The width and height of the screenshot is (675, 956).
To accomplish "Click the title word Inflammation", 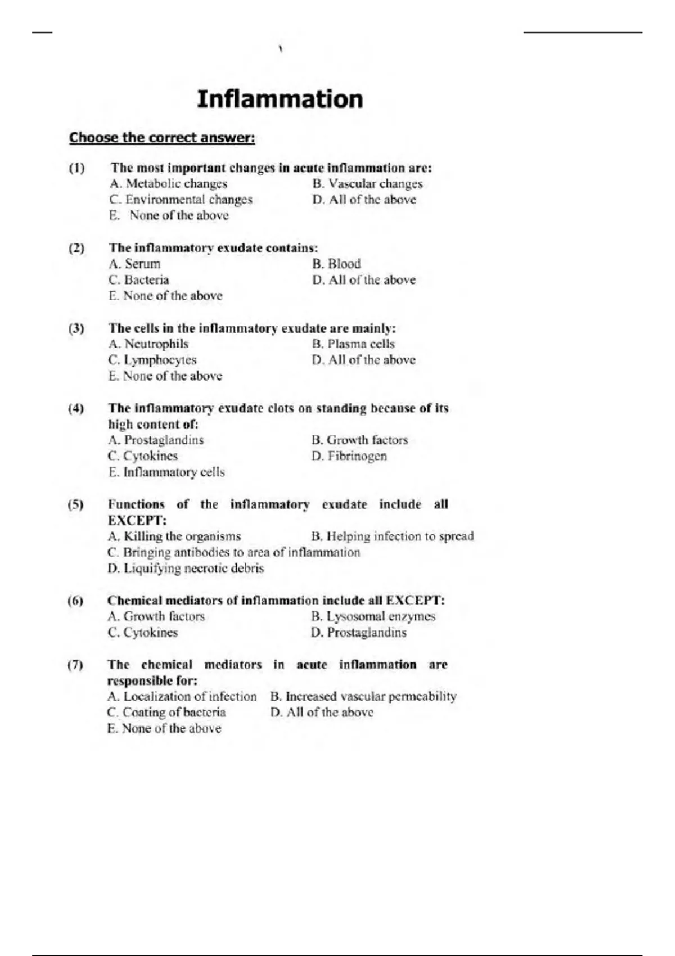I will point(280,100).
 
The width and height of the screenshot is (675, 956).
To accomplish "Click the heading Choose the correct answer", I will point(162,138).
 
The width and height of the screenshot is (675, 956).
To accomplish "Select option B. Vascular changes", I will point(367,184).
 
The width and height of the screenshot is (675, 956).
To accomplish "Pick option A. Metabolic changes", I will point(169,184).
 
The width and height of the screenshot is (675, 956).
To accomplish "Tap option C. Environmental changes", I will point(181,200).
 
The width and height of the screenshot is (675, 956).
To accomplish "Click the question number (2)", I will point(76,248).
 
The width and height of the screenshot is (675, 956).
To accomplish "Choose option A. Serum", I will point(135,264).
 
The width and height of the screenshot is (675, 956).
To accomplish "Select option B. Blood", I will point(336,264).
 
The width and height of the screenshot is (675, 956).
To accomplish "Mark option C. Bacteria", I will point(139,280).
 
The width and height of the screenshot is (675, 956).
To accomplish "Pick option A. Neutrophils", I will point(148,344).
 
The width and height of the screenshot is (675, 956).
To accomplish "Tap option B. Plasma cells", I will point(353,344).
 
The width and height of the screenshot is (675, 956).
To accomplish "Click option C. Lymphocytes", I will point(152,360).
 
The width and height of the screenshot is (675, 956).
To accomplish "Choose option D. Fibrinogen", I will point(349,456).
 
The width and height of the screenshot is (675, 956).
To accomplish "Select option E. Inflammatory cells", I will point(166,472).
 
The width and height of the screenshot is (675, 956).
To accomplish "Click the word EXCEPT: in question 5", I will point(137,520).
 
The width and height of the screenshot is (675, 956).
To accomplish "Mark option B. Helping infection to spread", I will point(392,536).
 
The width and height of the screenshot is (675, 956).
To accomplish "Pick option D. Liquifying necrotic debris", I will point(186,569).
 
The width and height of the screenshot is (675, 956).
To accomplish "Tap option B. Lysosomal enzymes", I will point(373,617).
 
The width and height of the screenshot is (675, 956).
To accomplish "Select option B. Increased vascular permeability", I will point(363,697).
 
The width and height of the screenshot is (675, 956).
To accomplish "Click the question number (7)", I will point(75,665).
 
